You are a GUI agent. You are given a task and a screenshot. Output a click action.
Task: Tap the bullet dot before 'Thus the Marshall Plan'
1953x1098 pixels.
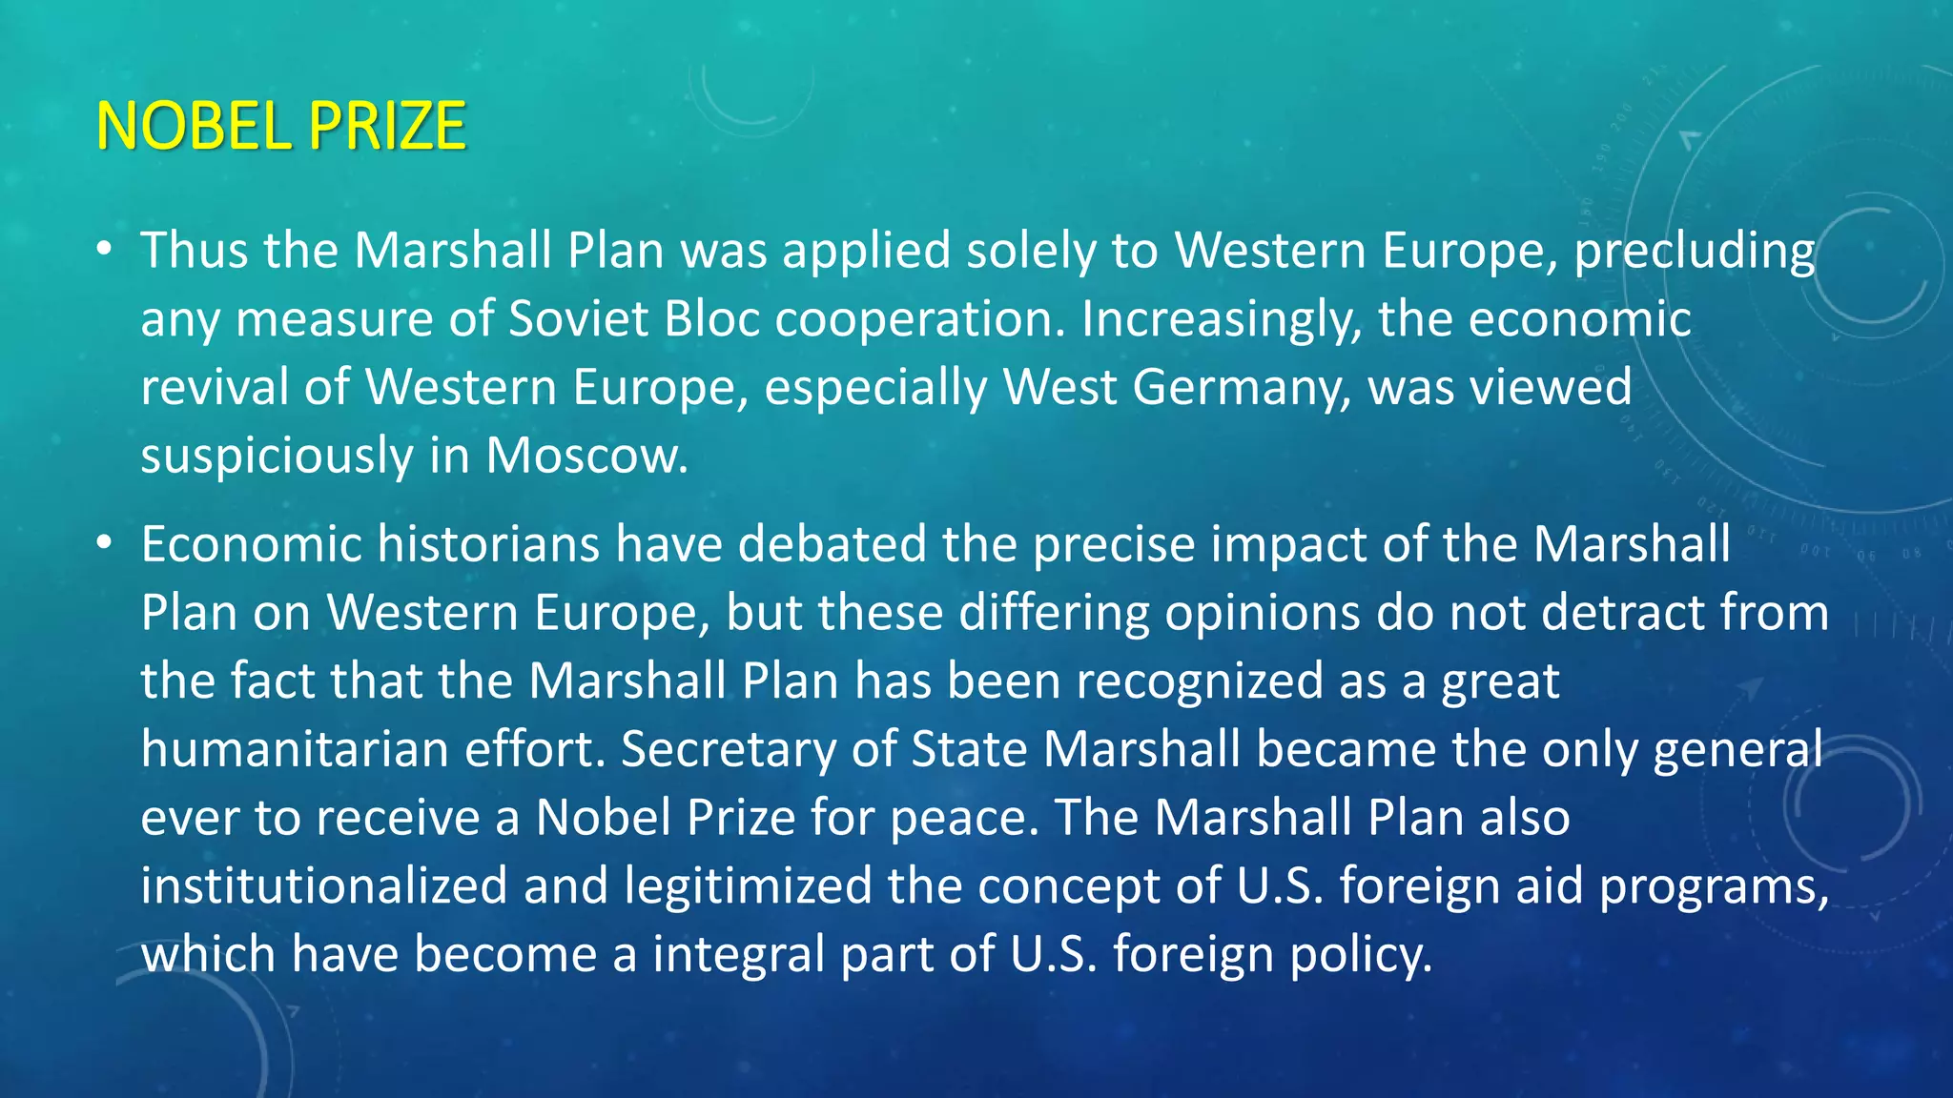[105, 250]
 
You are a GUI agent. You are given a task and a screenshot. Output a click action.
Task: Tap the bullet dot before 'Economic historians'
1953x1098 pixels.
[105, 543]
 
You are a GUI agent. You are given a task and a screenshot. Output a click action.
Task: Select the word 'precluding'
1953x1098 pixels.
[1694, 252]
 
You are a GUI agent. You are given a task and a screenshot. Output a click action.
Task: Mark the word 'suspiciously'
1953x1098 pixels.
[277, 457]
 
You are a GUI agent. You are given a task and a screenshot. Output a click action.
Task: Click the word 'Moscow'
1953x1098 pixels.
[585, 456]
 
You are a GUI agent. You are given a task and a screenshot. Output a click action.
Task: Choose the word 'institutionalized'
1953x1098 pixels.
[324, 885]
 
